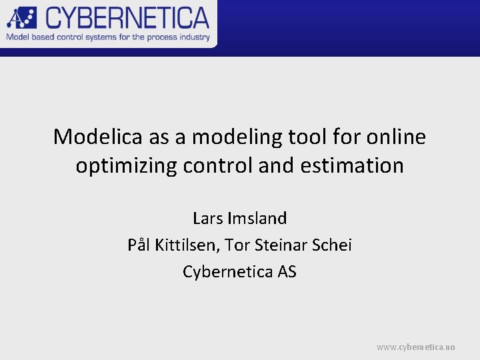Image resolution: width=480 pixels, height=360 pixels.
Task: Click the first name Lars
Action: coord(208,218)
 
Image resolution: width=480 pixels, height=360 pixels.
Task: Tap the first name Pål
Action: coord(139,245)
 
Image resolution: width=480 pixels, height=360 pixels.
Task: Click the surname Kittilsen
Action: coord(187,245)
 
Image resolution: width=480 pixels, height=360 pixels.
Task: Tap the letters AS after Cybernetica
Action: coord(287,272)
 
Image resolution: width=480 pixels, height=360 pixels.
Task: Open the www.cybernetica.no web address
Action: coord(416,347)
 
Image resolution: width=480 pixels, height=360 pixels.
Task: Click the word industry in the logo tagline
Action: coord(193,37)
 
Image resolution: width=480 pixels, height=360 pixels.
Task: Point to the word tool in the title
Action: coord(305,137)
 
